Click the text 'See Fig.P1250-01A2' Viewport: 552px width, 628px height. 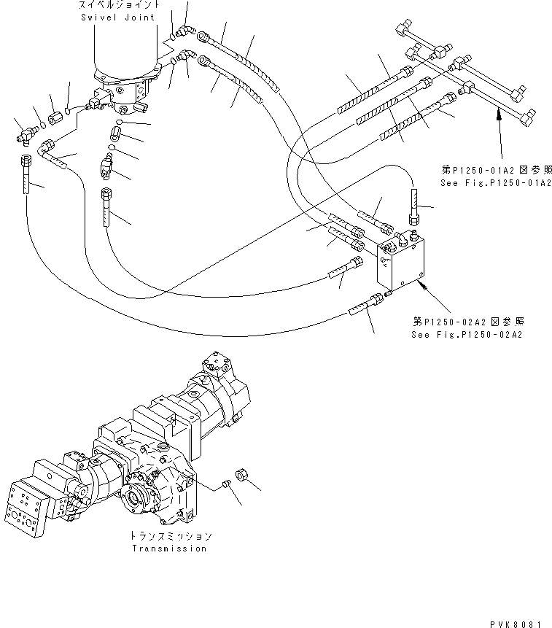click(x=495, y=183)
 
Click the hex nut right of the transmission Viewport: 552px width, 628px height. click(x=244, y=476)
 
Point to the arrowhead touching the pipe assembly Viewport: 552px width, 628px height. click(x=498, y=110)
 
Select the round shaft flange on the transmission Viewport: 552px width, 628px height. click(x=139, y=503)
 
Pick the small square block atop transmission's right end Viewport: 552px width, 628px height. click(x=216, y=363)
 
